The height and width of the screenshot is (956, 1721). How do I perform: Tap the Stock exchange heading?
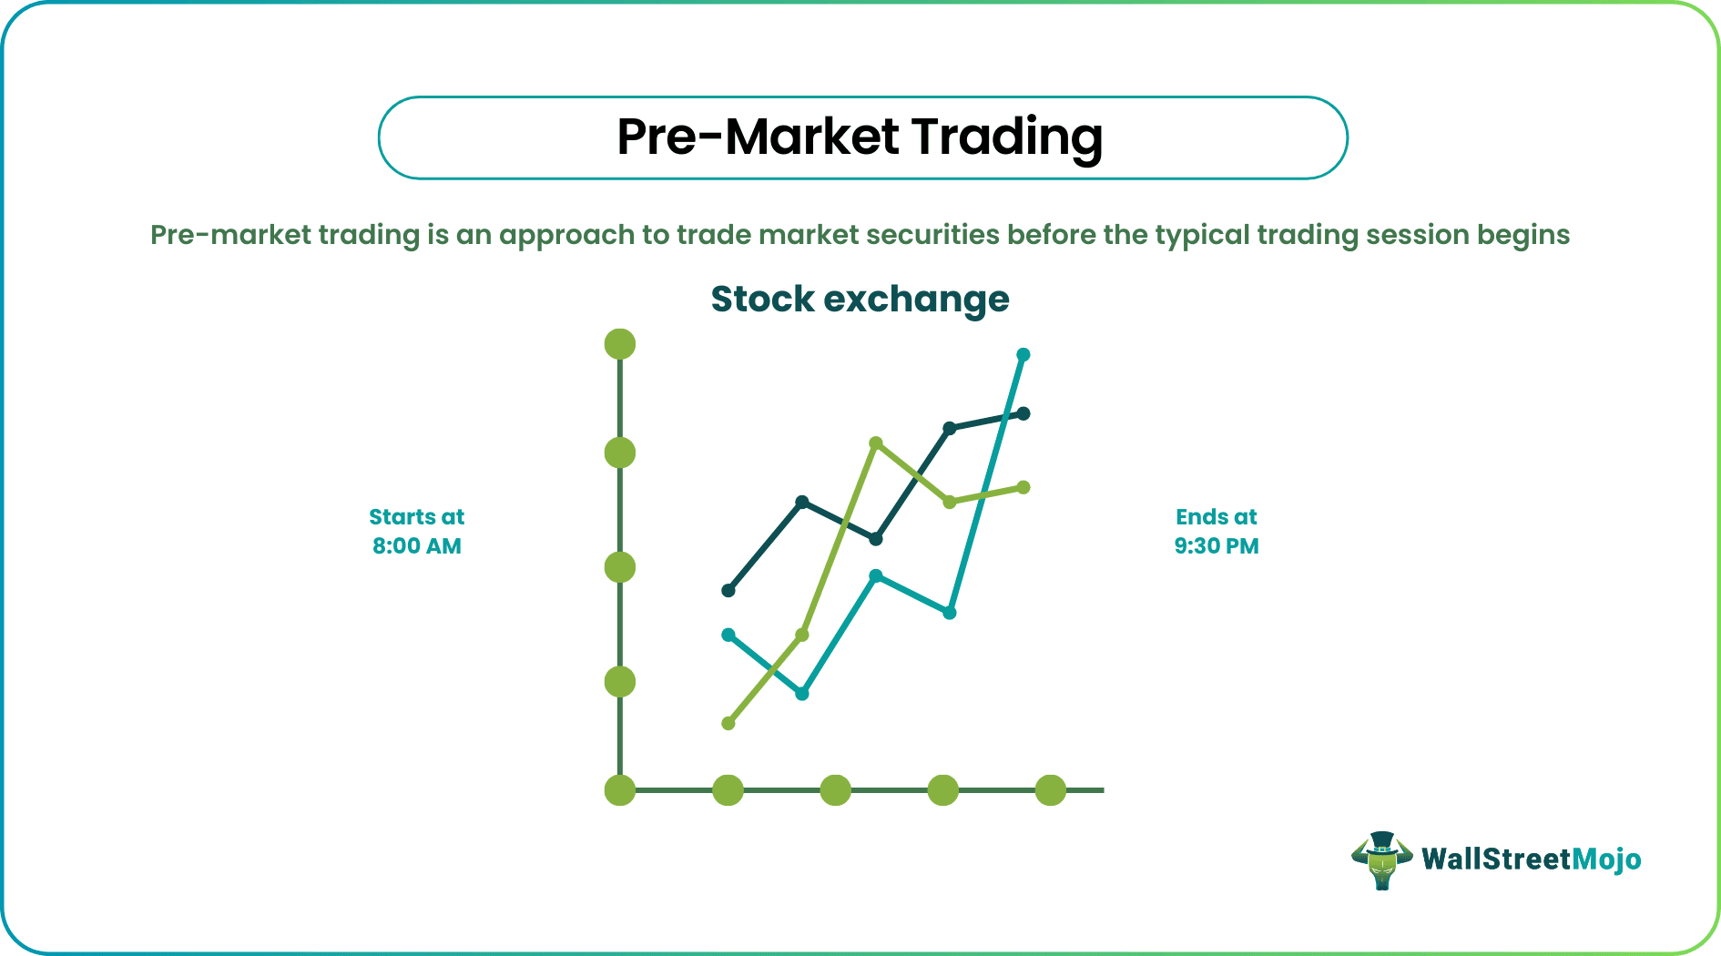pos(860,300)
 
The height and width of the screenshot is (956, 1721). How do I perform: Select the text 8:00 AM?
pos(417,546)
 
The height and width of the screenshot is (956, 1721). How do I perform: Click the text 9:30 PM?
pos(1216,546)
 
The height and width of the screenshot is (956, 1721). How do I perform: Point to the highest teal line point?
pos(1023,354)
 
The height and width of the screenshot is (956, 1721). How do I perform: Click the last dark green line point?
pos(1023,413)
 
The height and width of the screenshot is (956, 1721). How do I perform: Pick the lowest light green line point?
pos(728,724)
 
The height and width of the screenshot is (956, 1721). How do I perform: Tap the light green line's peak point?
pos(876,443)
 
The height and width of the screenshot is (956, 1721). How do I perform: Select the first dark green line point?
pos(728,591)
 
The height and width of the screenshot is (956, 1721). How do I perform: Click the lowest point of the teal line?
pos(802,694)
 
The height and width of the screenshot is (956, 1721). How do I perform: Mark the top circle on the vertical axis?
pos(620,344)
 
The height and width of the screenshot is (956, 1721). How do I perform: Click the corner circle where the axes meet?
pos(620,790)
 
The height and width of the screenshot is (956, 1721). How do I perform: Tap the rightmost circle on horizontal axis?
pos(1051,790)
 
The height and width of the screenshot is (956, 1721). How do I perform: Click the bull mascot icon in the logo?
pos(1381,859)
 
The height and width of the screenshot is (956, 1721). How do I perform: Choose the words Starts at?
pos(417,517)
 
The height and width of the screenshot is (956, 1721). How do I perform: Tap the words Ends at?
pos(1216,517)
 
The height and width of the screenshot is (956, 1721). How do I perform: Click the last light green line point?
pos(1023,488)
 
